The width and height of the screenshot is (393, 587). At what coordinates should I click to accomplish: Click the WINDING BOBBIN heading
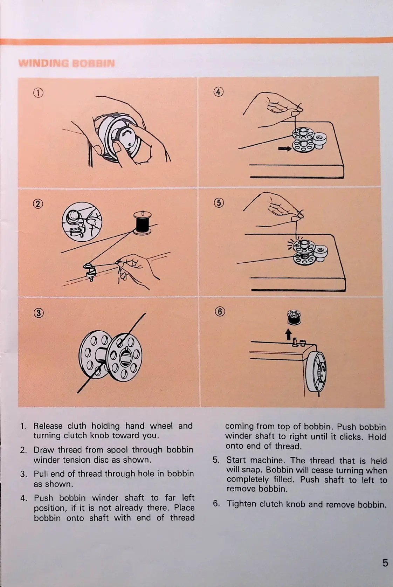pos(66,63)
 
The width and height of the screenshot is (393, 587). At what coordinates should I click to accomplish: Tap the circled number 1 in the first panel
pos(38,93)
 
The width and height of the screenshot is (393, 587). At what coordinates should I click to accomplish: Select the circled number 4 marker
pos(218,92)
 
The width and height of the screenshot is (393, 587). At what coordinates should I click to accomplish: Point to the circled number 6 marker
pos(220,311)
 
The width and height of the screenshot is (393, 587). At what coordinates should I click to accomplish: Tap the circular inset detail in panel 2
pos(82,222)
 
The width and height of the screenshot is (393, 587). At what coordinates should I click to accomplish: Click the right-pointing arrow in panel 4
pos(284,149)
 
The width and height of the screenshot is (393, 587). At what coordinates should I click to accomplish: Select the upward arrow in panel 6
pos(288,334)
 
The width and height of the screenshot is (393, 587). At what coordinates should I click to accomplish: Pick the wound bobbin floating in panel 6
pos(294,317)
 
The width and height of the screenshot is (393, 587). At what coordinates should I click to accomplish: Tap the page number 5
pos(385,562)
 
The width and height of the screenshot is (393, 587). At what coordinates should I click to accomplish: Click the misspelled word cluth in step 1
pos(77,426)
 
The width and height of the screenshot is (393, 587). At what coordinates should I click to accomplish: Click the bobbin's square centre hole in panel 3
pos(125,358)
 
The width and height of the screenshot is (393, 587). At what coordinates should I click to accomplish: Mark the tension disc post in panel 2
pos(90,270)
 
